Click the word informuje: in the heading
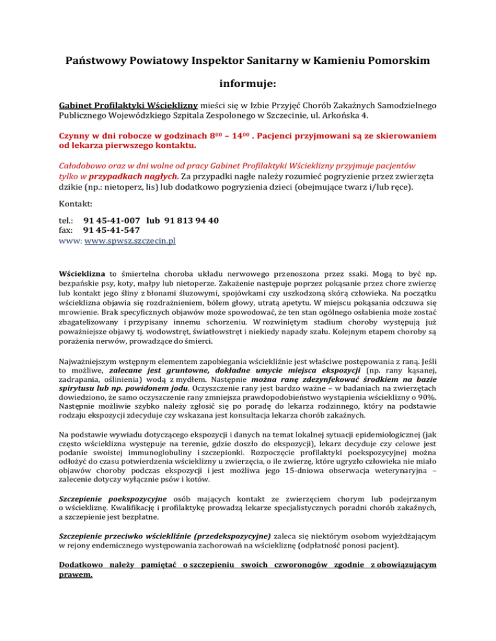pyautogui.click(x=248, y=84)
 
